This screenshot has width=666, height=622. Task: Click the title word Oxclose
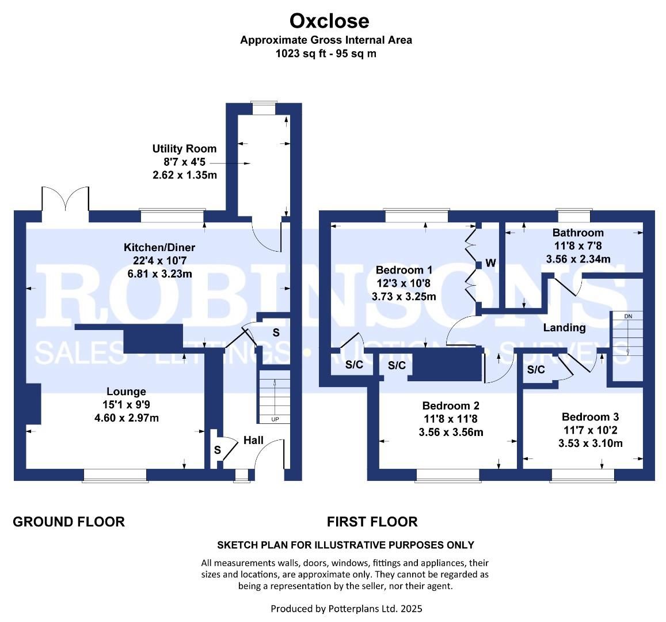[x=329, y=20]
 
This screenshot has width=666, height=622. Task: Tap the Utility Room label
[x=184, y=149]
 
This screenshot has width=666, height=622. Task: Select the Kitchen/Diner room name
[x=159, y=247]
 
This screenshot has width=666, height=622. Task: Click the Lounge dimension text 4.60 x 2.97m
[x=127, y=418]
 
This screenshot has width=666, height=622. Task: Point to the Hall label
[x=253, y=440]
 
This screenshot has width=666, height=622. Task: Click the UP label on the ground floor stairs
[x=275, y=419]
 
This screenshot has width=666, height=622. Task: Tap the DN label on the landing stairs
[x=628, y=316]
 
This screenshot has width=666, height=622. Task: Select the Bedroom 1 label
[x=404, y=270]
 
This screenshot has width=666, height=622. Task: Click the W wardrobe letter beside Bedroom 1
[x=490, y=263]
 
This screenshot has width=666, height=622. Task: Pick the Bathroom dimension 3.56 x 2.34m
[x=578, y=259]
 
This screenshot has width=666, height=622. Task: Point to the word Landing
[x=565, y=328]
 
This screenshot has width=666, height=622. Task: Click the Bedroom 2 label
[x=451, y=406]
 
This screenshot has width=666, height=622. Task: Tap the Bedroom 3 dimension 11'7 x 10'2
[x=591, y=430]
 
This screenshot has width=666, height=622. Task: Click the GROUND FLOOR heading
[x=69, y=522]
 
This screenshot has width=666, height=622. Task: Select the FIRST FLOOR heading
[x=372, y=522]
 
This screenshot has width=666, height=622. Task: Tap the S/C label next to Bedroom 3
[x=535, y=370]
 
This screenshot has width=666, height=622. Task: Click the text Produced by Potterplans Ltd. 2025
[x=347, y=609]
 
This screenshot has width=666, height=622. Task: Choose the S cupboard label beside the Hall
[x=217, y=450]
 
